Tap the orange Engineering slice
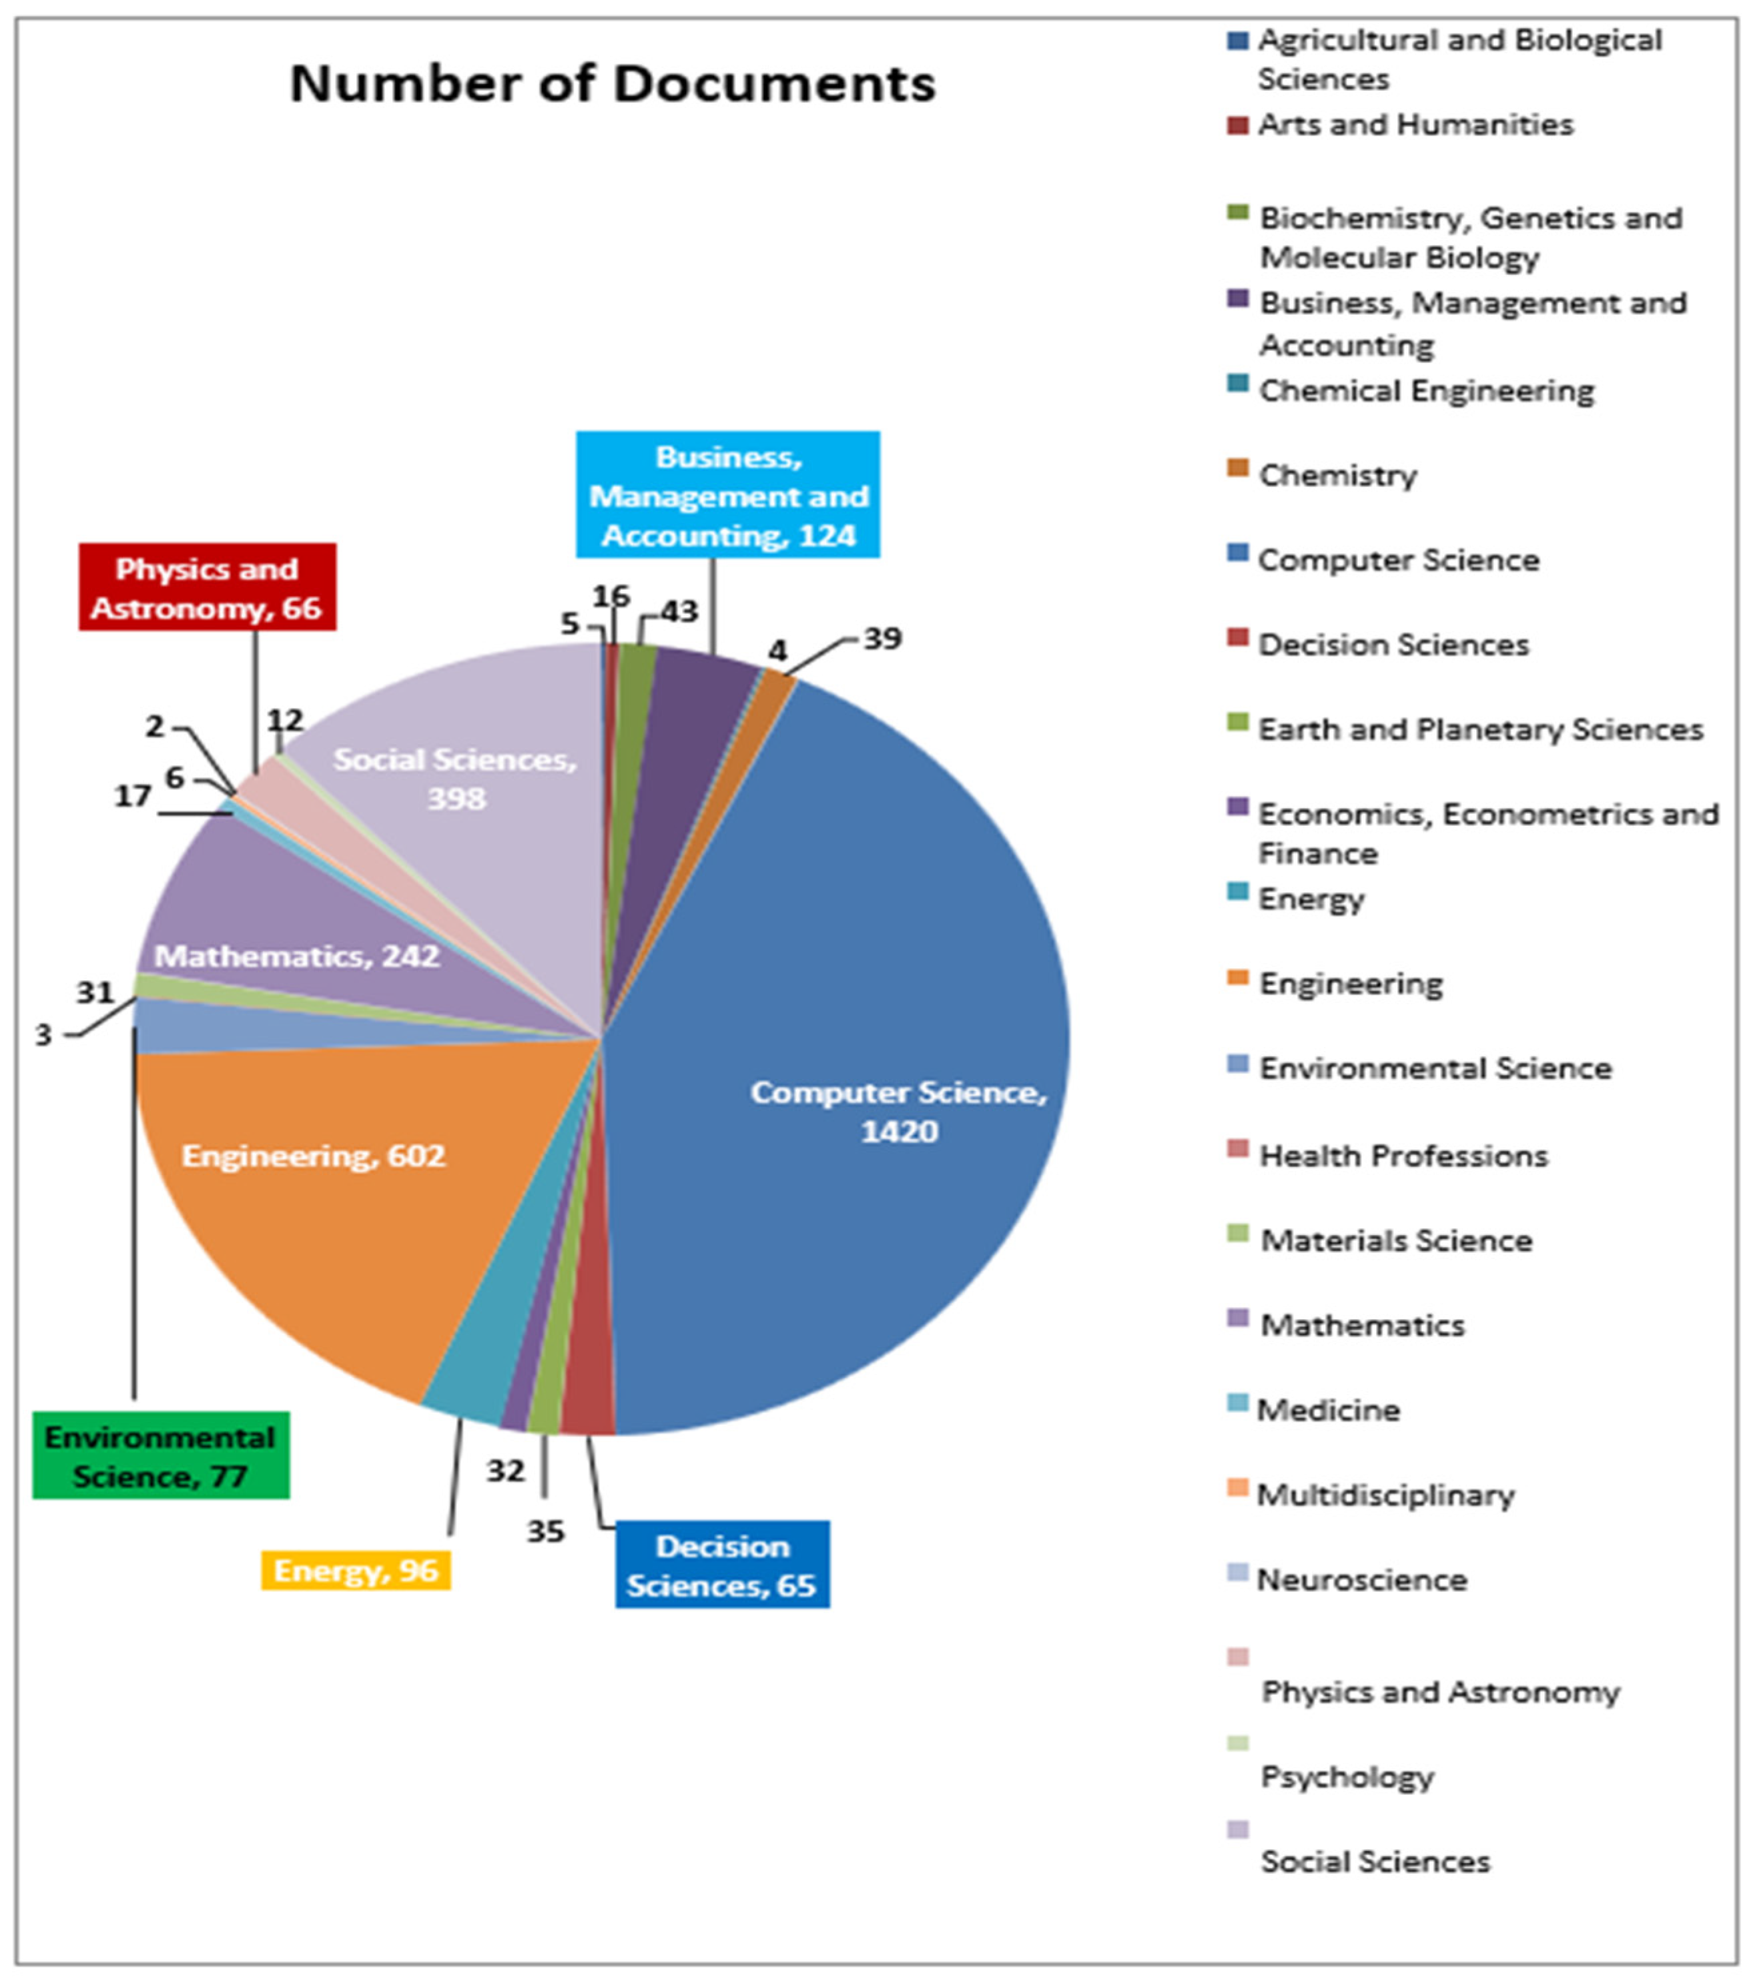tap(320, 1213)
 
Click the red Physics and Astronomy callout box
tap(208, 587)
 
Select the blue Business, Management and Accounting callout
tap(727, 495)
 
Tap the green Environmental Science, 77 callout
tap(161, 1455)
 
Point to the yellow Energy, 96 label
tap(356, 1570)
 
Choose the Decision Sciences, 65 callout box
tap(722, 1565)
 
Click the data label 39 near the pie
tap(882, 639)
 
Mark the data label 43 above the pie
tap(679, 611)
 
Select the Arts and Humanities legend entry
tap(1415, 125)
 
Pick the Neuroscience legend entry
tap(1361, 1579)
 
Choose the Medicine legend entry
tap(1328, 1410)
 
